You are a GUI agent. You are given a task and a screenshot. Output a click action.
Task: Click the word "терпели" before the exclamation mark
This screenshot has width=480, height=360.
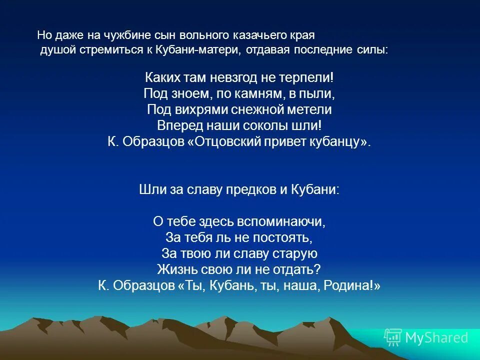(308, 78)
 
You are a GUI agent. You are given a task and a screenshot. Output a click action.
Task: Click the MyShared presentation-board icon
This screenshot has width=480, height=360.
(392, 337)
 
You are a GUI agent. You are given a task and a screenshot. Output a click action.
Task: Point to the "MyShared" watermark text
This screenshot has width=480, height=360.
(436, 338)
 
